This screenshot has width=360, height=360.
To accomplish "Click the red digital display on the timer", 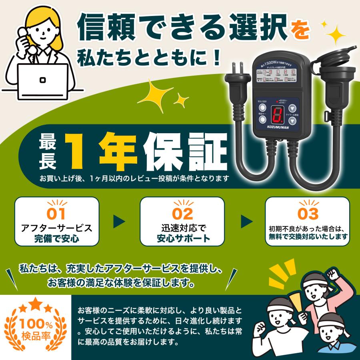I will coord(276,115).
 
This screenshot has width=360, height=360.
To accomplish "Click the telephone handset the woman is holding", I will coord(22,38).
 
